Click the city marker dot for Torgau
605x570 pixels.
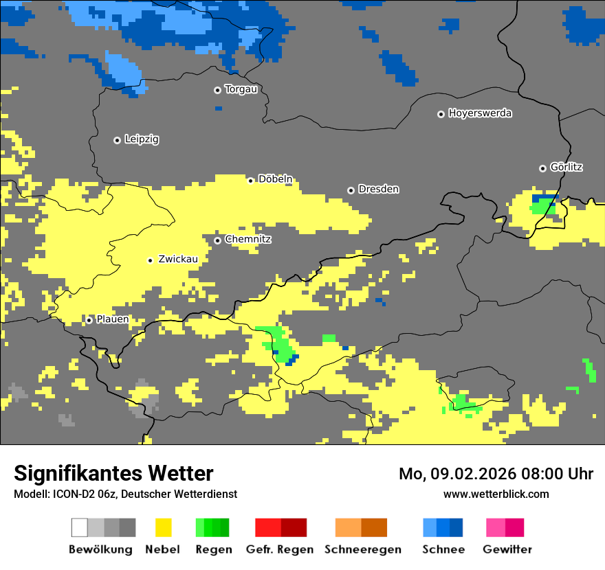(217, 90)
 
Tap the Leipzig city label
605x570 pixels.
(142, 139)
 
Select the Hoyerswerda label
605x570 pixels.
(480, 113)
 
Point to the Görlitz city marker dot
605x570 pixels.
(542, 168)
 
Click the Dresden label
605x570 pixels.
(378, 190)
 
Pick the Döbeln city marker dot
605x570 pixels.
(251, 181)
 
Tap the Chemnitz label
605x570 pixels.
(247, 240)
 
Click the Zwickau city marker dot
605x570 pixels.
(150, 260)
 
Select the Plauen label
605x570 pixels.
(112, 319)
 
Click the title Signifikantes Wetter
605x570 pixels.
(113, 473)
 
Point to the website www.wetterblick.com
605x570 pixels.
(496, 494)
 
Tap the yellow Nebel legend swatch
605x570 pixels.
(163, 527)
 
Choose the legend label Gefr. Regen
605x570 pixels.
(280, 549)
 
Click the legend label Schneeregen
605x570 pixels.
(363, 549)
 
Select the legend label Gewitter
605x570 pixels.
(507, 549)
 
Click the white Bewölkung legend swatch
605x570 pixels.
(80, 527)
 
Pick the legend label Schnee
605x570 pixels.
(443, 549)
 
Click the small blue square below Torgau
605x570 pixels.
(219, 109)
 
